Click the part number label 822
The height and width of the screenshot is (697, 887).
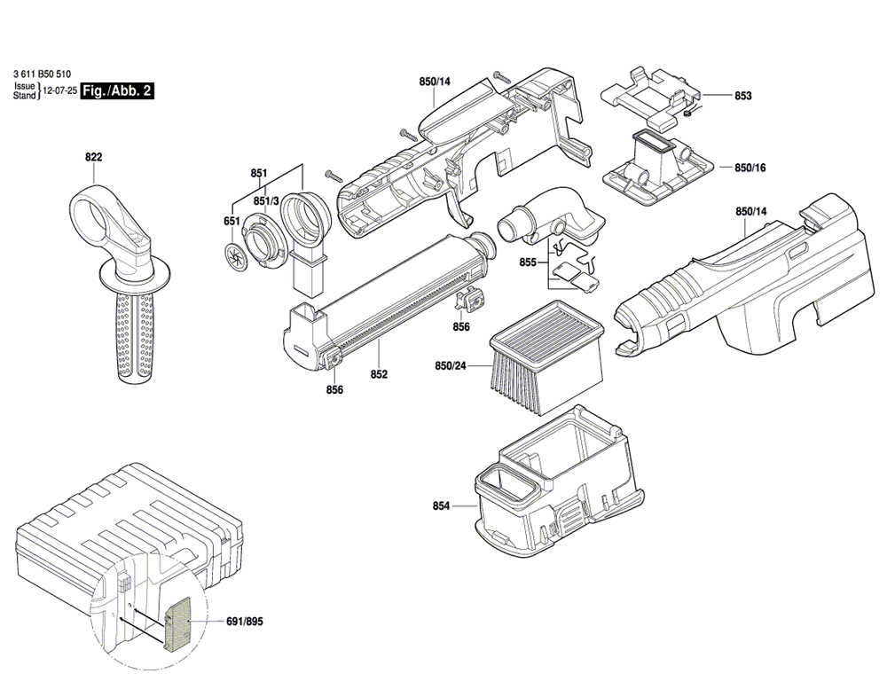[94, 157]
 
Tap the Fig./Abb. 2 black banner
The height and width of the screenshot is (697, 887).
[117, 90]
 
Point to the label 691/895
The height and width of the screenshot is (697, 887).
[245, 622]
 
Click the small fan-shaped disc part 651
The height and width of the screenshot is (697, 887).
[234, 258]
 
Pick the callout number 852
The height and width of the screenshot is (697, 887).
[379, 374]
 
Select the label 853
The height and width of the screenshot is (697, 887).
[743, 96]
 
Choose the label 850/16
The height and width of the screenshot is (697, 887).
[750, 168]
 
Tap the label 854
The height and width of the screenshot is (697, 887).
[441, 505]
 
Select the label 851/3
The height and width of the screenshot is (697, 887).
[266, 201]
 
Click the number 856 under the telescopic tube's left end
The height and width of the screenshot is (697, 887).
[334, 389]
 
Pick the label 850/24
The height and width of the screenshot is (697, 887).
[451, 366]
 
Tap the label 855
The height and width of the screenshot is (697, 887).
[528, 262]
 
